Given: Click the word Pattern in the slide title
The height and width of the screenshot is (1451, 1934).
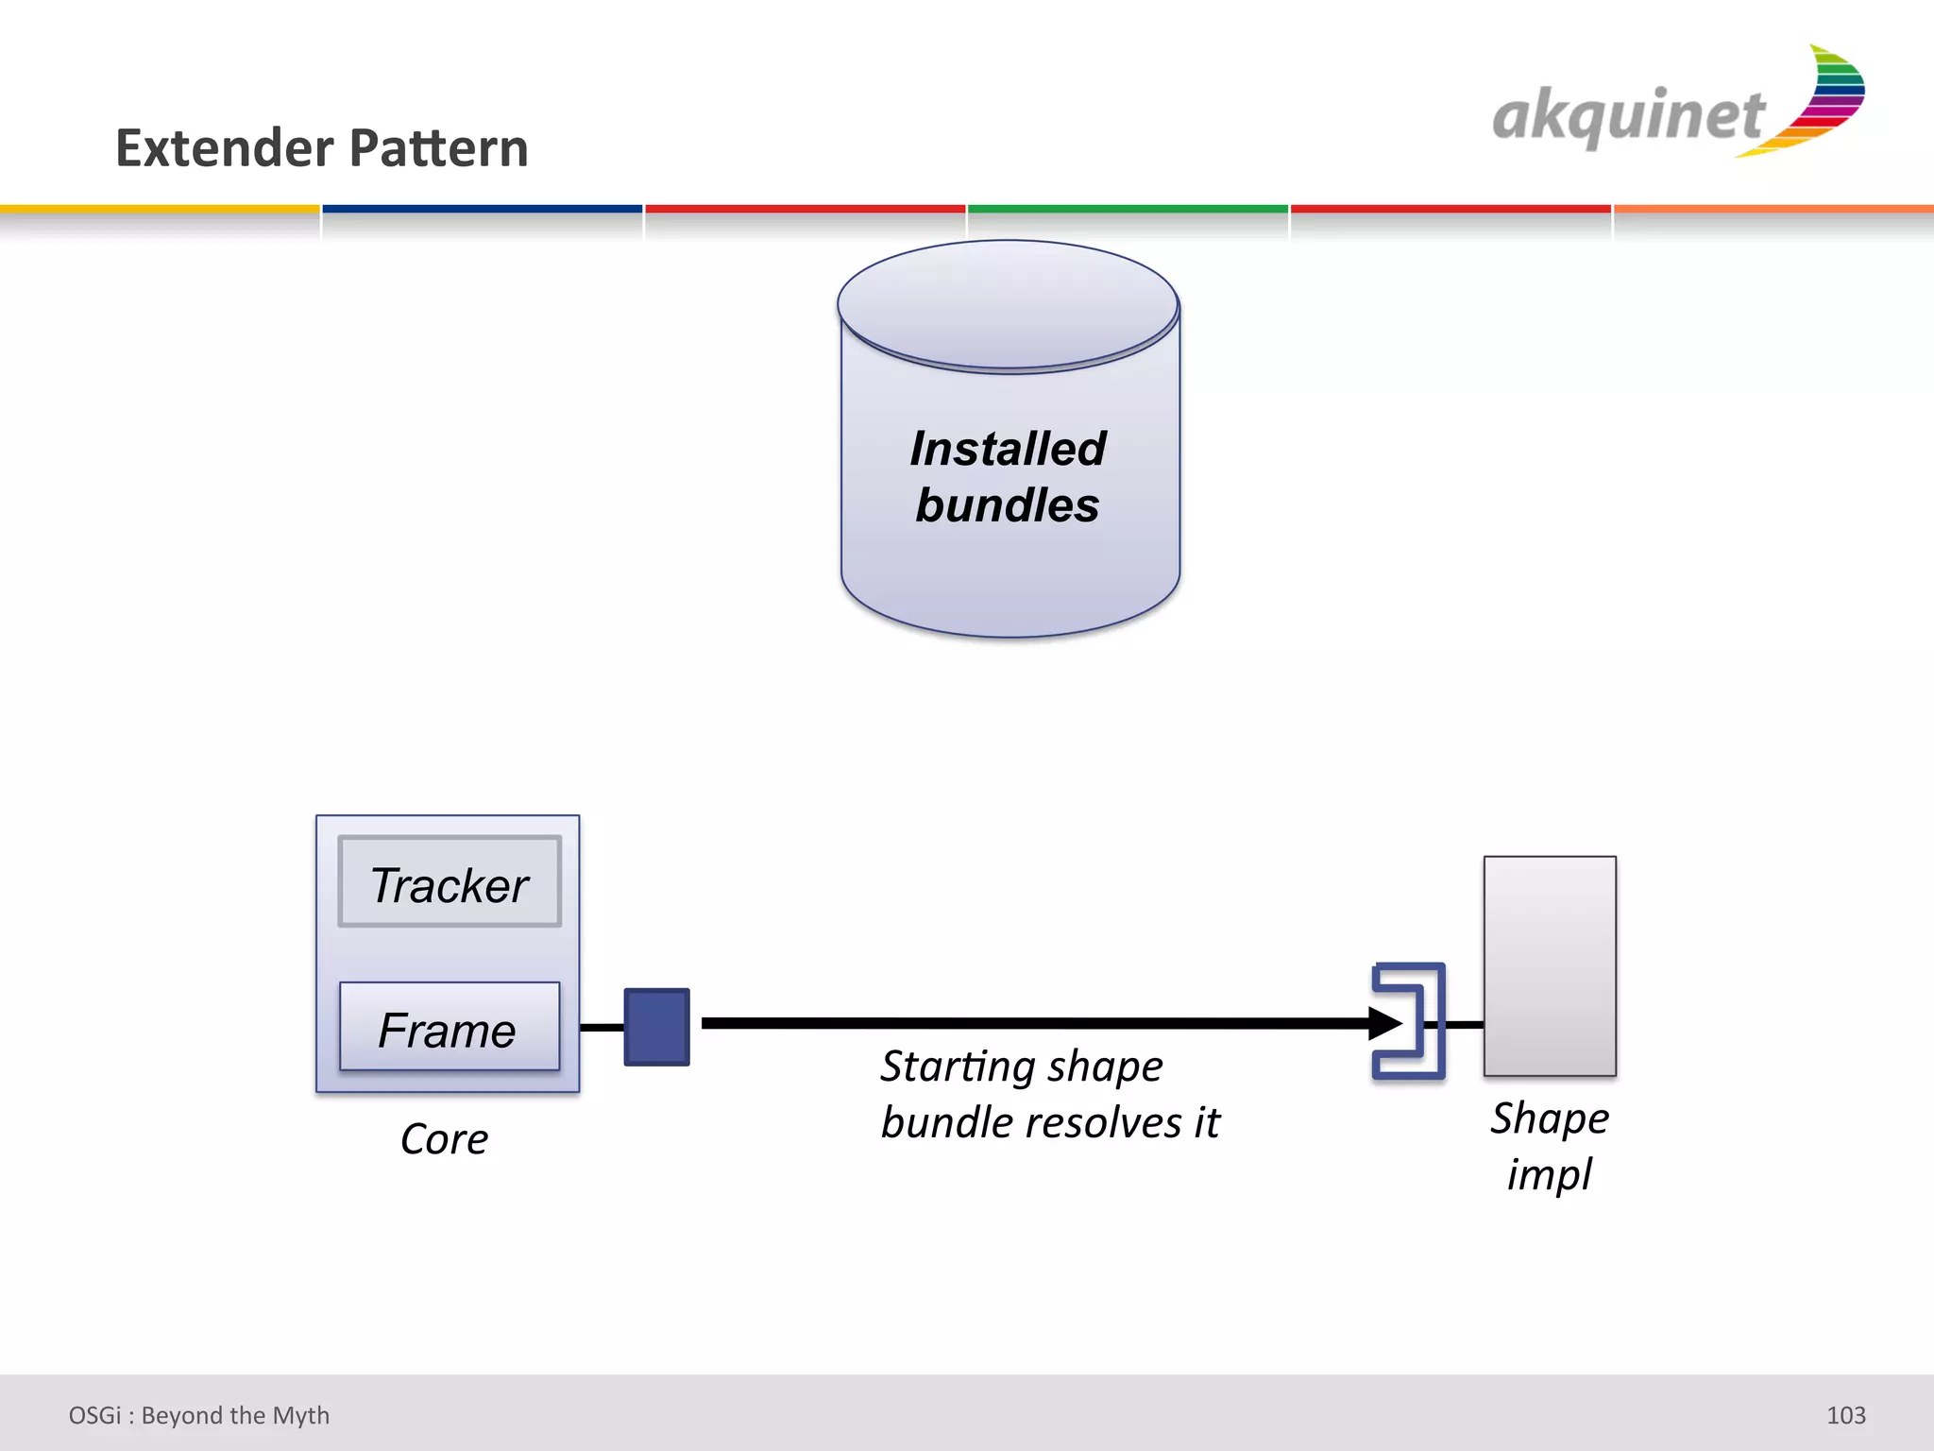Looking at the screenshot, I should pyautogui.click(x=439, y=148).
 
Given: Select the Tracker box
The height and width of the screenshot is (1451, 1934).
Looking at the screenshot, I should pyautogui.click(x=450, y=882).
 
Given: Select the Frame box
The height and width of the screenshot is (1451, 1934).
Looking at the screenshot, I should pyautogui.click(x=450, y=1027).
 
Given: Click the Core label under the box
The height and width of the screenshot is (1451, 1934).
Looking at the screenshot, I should pyautogui.click(x=444, y=1138).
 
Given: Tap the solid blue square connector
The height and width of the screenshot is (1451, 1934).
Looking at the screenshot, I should pyautogui.click(x=656, y=1027).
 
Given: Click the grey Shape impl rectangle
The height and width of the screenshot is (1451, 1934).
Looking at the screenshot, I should pyautogui.click(x=1550, y=965).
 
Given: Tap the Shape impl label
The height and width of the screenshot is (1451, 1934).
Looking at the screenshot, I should pyautogui.click(x=1550, y=1146).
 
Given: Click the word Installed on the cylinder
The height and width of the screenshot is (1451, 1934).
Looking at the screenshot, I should pyautogui.click(x=1008, y=449).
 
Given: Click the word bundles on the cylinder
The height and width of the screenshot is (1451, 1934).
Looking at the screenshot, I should pyautogui.click(x=1008, y=505).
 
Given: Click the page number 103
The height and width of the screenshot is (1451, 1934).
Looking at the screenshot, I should pyautogui.click(x=1845, y=1415).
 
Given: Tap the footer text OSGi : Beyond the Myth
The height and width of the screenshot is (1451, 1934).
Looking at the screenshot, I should pyautogui.click(x=199, y=1415).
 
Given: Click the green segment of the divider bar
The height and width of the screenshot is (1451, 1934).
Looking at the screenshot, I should pyautogui.click(x=1128, y=209).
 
